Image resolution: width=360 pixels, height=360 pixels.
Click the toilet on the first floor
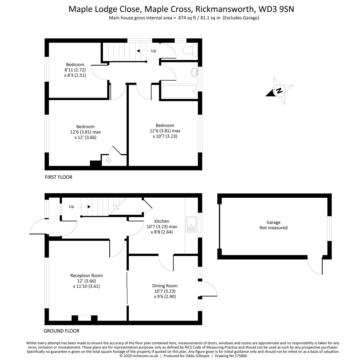[190, 50]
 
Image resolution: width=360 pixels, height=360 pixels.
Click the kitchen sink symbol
[191, 225]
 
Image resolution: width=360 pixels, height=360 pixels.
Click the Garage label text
[273, 222]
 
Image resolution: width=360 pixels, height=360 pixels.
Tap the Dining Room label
[165, 286]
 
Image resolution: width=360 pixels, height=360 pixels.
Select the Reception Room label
[86, 276]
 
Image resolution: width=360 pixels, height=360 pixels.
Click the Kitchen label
[162, 221]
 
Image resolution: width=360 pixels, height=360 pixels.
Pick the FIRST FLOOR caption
[58, 177]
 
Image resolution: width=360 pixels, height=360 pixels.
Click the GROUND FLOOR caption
[62, 331]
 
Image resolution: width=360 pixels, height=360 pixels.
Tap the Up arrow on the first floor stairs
[139, 51]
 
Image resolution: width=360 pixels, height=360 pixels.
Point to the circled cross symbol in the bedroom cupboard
[109, 160]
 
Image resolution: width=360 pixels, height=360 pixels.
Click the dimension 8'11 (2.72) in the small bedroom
[75, 70]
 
